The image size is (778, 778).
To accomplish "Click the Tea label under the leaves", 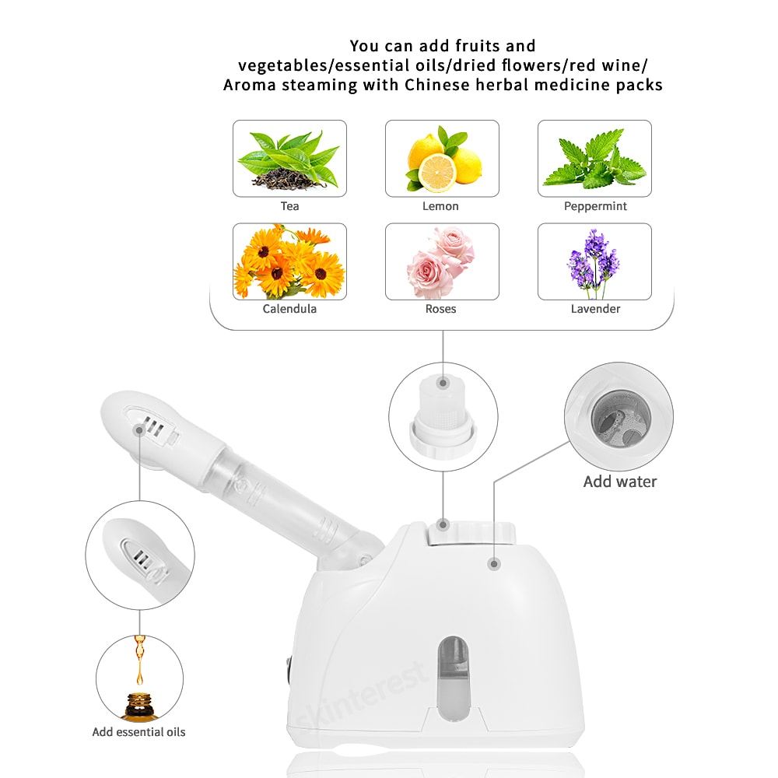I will coord(289,206).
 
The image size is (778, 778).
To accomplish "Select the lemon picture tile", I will coord(442,159).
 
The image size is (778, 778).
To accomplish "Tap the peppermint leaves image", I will coord(594,159).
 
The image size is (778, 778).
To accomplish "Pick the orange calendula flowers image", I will coord(289,261).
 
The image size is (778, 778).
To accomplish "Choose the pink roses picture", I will coord(442,261).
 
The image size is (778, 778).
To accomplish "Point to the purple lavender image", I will coord(594,261).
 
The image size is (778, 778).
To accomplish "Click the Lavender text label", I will coord(595,309).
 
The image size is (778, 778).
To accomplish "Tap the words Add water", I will coord(620,482).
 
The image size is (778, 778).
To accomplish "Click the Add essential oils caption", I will coord(138,731).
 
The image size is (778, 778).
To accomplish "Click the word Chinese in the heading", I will coord(436,85).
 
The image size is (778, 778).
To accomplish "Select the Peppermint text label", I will coord(595,206).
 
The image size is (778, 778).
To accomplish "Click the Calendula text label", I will coord(289,309).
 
